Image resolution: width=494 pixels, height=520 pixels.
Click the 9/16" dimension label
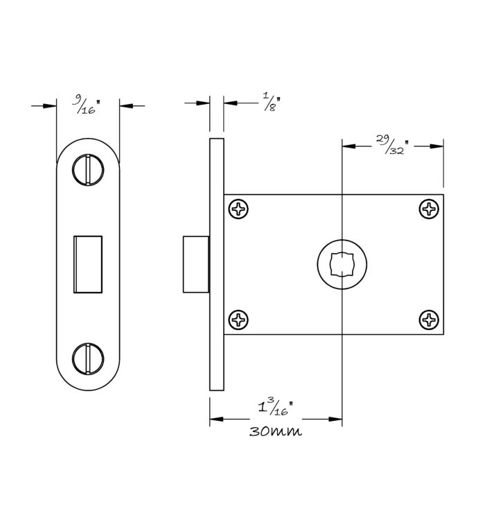pyautogui.click(x=86, y=104)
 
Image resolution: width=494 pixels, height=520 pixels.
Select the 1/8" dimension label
pyautogui.click(x=272, y=102)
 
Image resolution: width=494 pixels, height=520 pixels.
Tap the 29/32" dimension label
pyautogui.click(x=392, y=145)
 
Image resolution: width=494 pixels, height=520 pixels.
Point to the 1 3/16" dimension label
pyautogui.click(x=276, y=407)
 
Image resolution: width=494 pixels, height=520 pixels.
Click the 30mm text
pyautogui.click(x=275, y=431)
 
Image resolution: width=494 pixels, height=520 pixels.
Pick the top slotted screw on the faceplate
pyautogui.click(x=88, y=169)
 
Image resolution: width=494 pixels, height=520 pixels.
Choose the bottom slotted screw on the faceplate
pyautogui.click(x=88, y=359)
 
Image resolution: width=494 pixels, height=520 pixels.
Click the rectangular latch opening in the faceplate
pyautogui.click(x=88, y=264)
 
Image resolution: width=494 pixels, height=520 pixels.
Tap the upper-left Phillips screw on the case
pyautogui.click(x=238, y=209)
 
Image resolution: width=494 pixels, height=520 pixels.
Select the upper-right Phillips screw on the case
pyautogui.click(x=429, y=209)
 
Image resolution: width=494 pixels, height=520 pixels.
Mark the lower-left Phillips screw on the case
pyautogui.click(x=238, y=320)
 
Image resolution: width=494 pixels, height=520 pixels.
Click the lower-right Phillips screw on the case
pyautogui.click(x=429, y=320)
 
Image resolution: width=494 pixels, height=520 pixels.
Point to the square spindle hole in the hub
pyautogui.click(x=342, y=264)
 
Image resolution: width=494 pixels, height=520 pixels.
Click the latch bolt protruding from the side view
pyautogui.click(x=196, y=264)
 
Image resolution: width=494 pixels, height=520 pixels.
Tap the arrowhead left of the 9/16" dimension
pyautogui.click(x=50, y=106)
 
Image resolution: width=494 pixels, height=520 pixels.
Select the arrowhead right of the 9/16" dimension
pyautogui.click(x=126, y=106)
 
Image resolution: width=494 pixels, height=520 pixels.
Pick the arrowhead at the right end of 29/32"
pyautogui.click(x=436, y=146)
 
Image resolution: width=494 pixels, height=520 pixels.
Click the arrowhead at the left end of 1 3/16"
pyautogui.click(x=216, y=419)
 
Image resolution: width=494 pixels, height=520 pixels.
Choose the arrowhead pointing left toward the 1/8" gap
pyautogui.click(x=230, y=103)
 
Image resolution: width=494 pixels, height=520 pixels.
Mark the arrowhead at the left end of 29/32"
pyautogui.click(x=349, y=146)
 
